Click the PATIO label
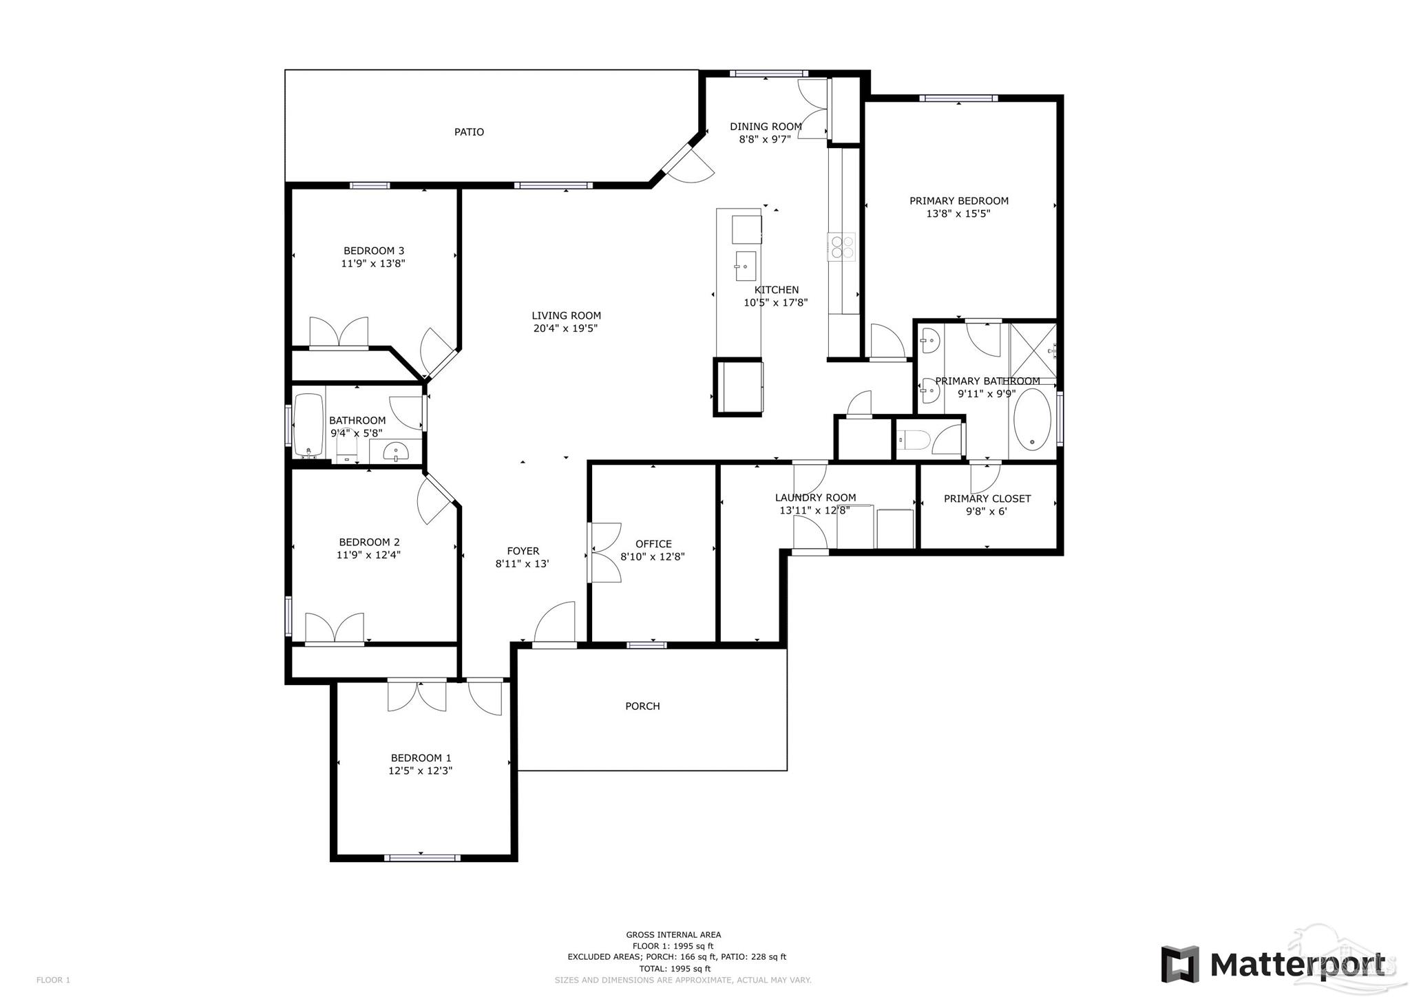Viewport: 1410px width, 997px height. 469,132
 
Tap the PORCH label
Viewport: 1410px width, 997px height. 642,706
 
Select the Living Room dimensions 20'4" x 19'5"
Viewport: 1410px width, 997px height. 565,328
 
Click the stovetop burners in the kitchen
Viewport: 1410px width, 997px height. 841,246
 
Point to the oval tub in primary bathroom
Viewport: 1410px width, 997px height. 1031,419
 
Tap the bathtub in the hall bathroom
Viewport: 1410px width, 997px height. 308,425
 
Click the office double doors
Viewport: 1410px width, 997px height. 604,552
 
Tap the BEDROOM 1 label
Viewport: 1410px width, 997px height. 421,758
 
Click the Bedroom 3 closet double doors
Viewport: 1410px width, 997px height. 338,333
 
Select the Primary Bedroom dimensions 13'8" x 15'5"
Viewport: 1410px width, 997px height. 958,214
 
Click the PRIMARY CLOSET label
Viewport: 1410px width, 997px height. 987,498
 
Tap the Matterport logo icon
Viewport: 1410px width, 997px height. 1180,965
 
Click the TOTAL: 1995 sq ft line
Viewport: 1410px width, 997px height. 673,968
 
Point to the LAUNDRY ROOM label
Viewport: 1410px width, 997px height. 815,497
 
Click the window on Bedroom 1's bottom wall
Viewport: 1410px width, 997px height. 421,857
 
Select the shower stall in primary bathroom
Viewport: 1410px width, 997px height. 1033,350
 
